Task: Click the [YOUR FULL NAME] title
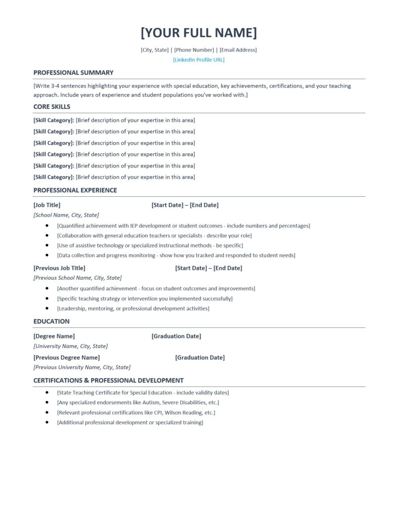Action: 199,33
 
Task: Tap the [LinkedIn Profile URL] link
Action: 199,60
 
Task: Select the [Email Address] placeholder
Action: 238,50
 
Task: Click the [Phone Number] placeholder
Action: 194,50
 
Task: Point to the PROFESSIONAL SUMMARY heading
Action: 73,73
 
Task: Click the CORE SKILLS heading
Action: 52,107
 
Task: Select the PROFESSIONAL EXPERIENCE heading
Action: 75,190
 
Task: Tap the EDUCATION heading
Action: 52,321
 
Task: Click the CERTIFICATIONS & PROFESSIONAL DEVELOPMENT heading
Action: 108,380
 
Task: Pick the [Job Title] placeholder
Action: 47,205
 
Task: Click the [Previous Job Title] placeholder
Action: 59,268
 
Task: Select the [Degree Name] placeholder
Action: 54,336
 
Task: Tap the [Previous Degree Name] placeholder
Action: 66,358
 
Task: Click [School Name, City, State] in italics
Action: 66,215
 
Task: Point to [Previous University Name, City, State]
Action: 82,367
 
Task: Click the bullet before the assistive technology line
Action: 47,245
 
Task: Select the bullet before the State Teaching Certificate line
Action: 47,393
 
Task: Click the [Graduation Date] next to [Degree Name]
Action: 176,336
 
